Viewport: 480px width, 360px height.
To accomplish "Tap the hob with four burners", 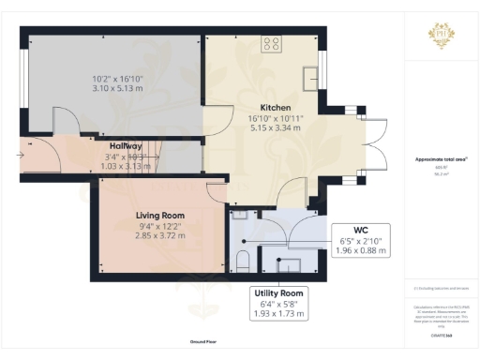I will [x=274, y=43].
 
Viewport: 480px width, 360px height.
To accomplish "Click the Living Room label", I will [x=159, y=216].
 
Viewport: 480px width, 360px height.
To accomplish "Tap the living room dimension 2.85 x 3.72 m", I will [x=159, y=236].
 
